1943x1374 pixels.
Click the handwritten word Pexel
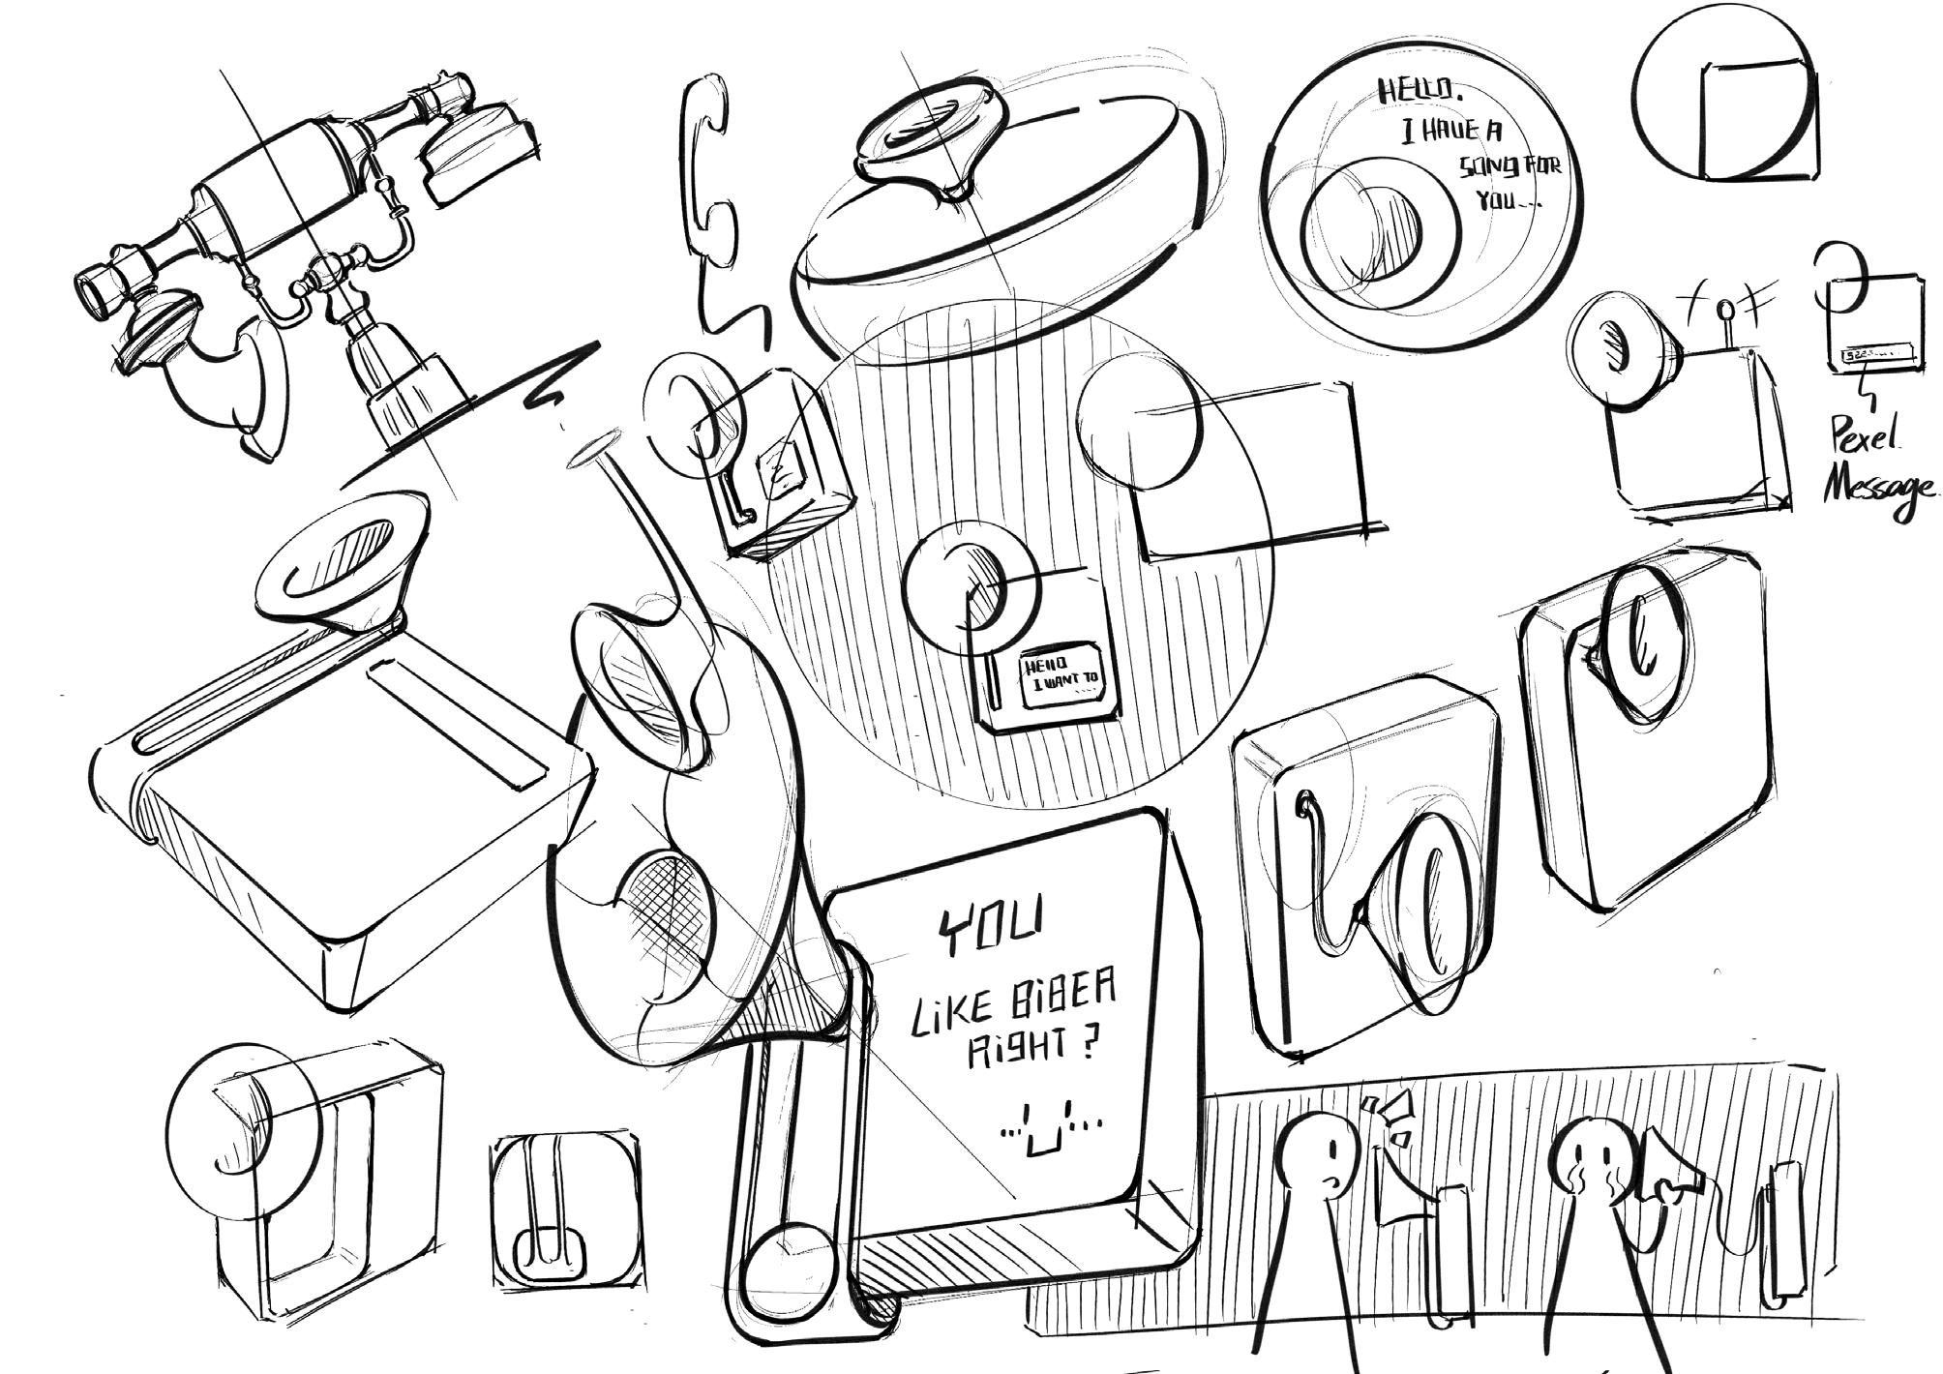coord(1863,439)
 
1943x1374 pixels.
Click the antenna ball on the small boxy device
coord(1725,311)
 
